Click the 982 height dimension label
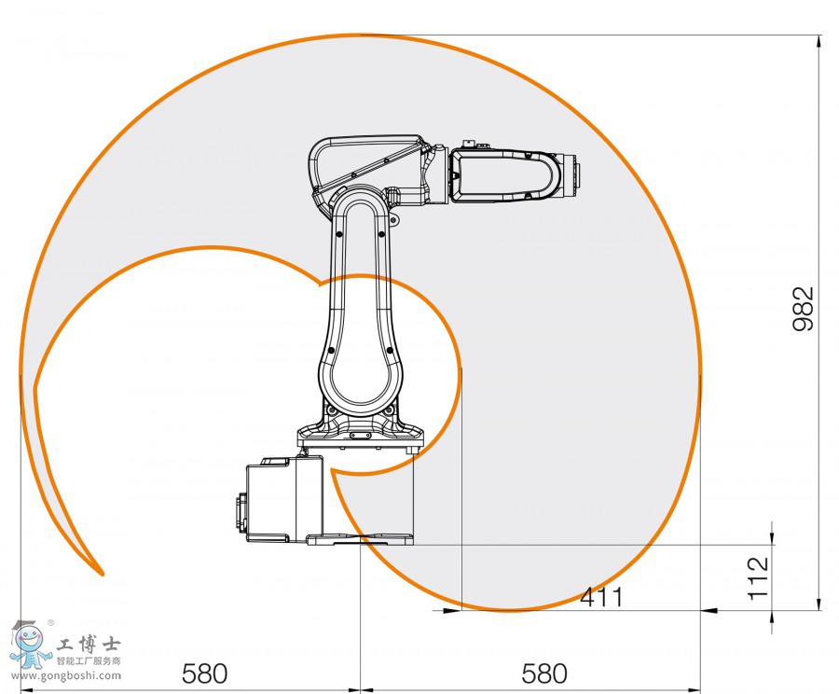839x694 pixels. pos(804,309)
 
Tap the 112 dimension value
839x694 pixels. pos(759,576)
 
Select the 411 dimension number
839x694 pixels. pos(601,596)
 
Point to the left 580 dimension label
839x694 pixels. pos(204,673)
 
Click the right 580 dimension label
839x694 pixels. pos(544,673)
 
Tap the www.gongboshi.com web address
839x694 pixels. pos(65,674)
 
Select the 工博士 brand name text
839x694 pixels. pos(89,645)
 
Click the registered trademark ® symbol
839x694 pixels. pos(50,622)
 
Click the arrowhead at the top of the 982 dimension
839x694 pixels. pos(819,42)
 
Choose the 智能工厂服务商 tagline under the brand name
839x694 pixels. pos(89,661)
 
